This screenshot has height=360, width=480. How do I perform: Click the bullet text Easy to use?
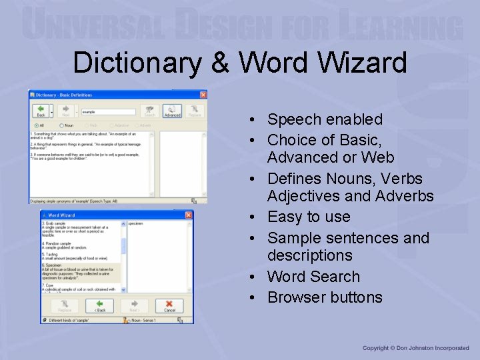(309, 217)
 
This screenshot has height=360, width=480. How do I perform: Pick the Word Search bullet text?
(313, 277)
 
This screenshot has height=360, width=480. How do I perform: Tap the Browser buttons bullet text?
(325, 297)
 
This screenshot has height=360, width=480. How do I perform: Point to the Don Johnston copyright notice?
(415, 348)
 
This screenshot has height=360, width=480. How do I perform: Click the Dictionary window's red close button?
(202, 95)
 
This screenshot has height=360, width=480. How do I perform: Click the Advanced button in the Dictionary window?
(172, 111)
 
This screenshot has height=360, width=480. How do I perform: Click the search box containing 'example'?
(108, 112)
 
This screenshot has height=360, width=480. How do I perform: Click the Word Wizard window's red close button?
(189, 215)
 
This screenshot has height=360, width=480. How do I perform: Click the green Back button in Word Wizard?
(99, 306)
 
